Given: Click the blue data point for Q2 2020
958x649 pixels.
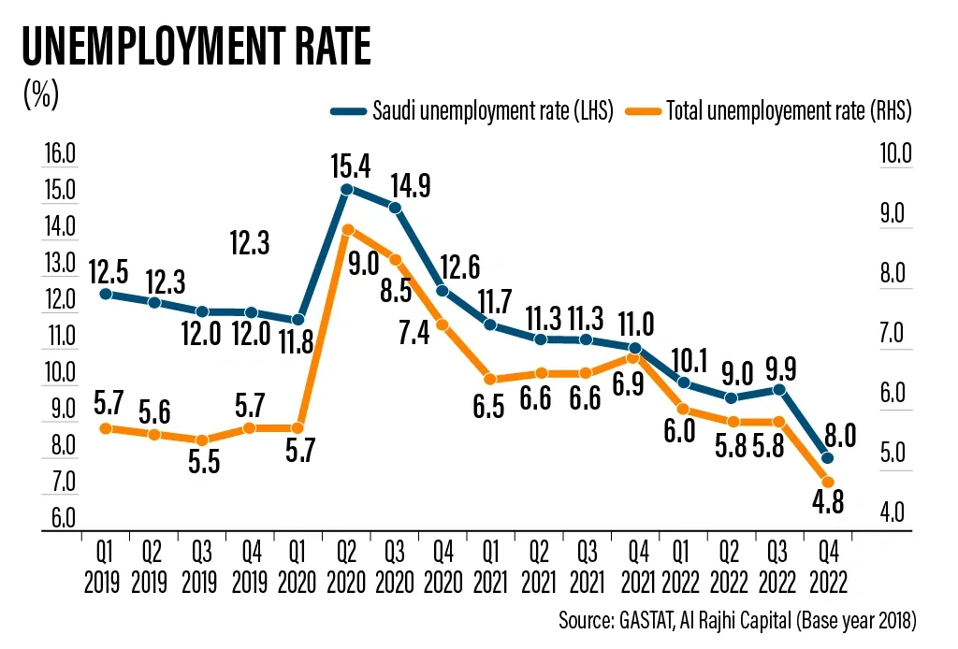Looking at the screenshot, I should tap(346, 190).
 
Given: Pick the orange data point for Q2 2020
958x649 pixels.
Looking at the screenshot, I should tap(346, 230).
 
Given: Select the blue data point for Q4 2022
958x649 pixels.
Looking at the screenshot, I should tap(828, 458).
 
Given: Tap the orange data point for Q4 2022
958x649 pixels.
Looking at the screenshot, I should tap(828, 482).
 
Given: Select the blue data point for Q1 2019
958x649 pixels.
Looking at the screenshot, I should tap(106, 294).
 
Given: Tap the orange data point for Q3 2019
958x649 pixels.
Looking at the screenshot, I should tap(202, 440).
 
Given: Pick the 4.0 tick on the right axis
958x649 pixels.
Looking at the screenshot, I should tap(890, 512).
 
